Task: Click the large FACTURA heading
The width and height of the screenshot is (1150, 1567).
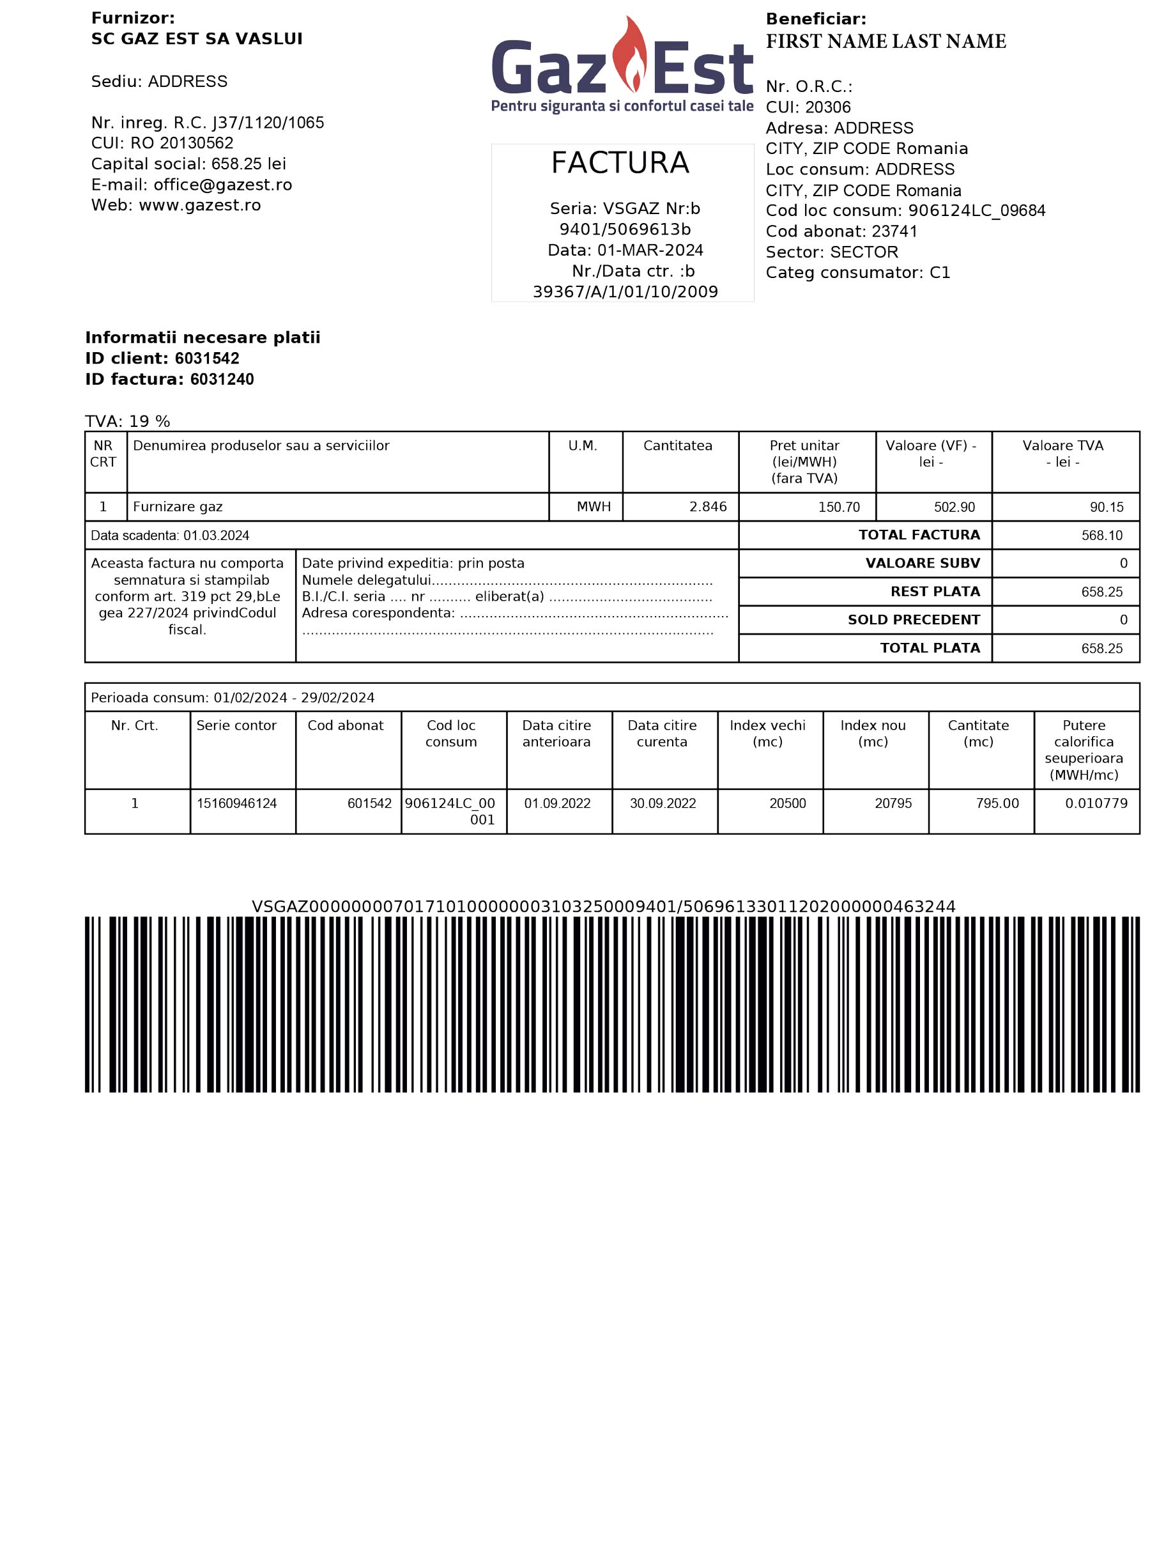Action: [x=620, y=163]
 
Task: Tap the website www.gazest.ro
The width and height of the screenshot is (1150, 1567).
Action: [x=200, y=205]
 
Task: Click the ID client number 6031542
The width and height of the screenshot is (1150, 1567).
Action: [x=207, y=359]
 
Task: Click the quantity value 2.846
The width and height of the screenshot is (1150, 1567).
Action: [x=707, y=507]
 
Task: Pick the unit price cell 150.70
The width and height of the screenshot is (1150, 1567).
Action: [x=839, y=507]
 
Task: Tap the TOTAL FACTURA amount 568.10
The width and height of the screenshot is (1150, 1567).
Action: [x=1101, y=536]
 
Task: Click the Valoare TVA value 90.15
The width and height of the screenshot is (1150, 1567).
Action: [x=1106, y=507]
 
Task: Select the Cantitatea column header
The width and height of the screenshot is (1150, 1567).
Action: [x=677, y=445]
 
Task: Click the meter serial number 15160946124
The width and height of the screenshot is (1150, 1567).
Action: [x=236, y=803]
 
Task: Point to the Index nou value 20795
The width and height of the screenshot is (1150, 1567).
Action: [x=893, y=803]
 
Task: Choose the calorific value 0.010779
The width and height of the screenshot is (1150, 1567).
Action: [x=1096, y=803]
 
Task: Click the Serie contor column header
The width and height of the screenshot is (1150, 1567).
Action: [x=236, y=725]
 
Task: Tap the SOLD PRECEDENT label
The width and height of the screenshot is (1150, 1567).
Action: [x=914, y=619]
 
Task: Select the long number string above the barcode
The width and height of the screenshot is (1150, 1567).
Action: [x=603, y=906]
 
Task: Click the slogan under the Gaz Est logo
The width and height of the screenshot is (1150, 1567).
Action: [x=622, y=106]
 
